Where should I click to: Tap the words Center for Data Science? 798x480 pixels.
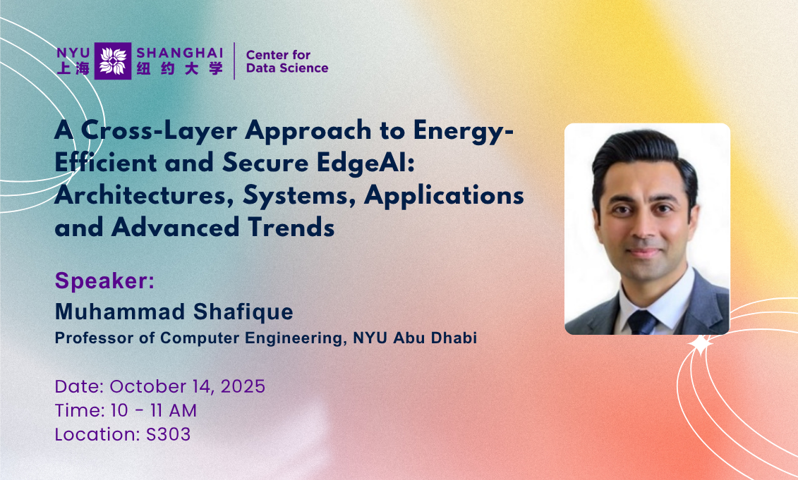(286, 61)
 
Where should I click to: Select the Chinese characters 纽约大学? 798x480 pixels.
(179, 69)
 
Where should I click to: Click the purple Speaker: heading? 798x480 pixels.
(104, 281)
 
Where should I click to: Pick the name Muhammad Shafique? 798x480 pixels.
(174, 312)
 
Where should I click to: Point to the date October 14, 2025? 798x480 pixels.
(187, 386)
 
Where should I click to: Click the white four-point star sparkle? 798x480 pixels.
(701, 345)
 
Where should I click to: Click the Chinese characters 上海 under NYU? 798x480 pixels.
(73, 69)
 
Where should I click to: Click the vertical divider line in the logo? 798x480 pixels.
(234, 61)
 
